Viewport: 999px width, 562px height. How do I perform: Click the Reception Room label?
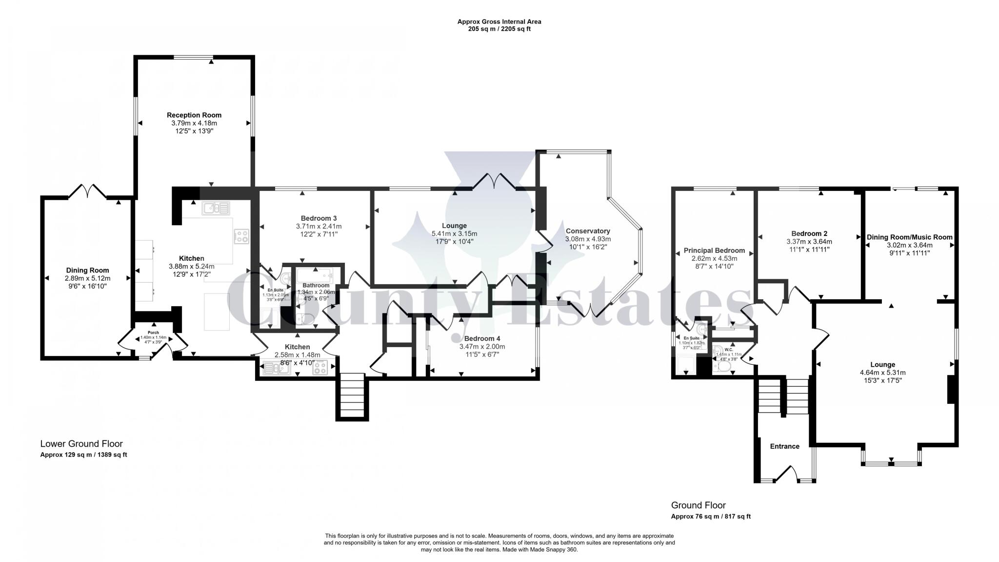point(194,115)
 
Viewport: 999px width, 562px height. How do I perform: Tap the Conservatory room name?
point(588,231)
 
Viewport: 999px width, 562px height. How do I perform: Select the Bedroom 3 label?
point(319,218)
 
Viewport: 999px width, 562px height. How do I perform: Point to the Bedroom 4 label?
point(482,338)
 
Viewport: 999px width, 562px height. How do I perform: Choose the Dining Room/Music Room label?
point(909,237)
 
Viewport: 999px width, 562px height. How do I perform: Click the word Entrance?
point(784,446)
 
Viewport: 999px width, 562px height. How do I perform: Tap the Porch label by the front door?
point(153,333)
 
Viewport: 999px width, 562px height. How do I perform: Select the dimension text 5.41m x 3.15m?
point(454,233)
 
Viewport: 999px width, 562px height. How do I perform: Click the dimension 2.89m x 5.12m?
point(88,278)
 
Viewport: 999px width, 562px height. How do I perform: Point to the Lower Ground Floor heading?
point(81,444)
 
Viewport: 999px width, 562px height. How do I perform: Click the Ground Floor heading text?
point(698,505)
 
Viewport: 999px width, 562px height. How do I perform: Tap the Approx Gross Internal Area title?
point(499,21)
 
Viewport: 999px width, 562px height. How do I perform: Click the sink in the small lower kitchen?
point(277,368)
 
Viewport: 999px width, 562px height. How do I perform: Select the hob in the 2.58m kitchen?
point(320,368)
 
